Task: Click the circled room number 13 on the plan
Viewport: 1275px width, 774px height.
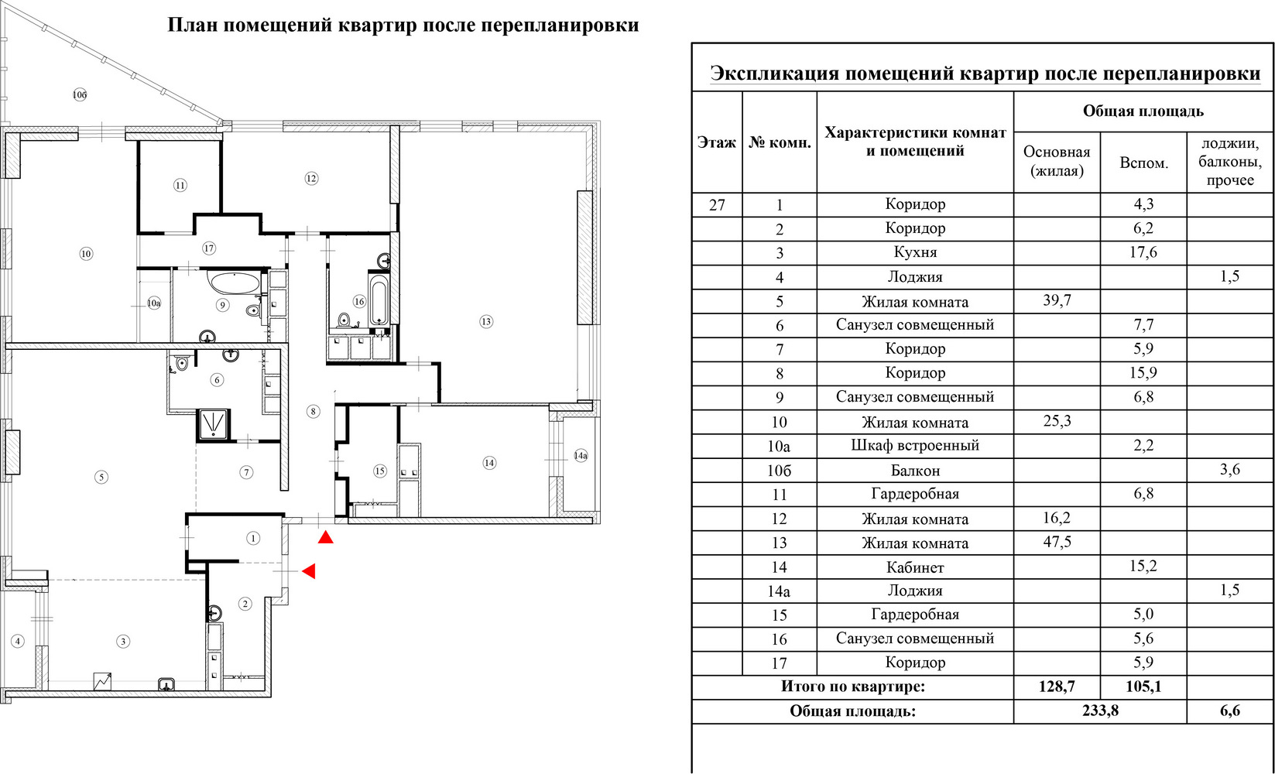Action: click(x=486, y=321)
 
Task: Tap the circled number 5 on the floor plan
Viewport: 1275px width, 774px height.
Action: click(x=101, y=477)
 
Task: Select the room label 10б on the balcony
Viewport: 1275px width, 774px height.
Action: click(x=80, y=94)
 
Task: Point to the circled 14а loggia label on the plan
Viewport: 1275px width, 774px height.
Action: click(x=580, y=455)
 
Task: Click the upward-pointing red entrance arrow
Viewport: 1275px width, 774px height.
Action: click(x=326, y=537)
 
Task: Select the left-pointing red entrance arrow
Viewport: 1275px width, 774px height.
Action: click(x=309, y=571)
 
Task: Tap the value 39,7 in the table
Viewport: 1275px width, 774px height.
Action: click(x=1057, y=300)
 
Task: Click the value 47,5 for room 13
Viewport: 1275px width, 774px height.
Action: click(x=1057, y=541)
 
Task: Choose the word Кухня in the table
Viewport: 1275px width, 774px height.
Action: click(x=915, y=252)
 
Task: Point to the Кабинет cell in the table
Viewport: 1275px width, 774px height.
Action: click(x=915, y=567)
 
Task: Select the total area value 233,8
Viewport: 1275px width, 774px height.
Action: click(x=1100, y=711)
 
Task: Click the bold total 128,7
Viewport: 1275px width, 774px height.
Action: click(x=1057, y=687)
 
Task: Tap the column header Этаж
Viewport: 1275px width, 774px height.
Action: click(x=717, y=142)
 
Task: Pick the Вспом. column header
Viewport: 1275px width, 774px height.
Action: click(x=1143, y=163)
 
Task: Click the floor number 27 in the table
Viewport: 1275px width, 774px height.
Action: click(x=717, y=204)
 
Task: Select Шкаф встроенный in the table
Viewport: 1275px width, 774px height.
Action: click(x=915, y=445)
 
